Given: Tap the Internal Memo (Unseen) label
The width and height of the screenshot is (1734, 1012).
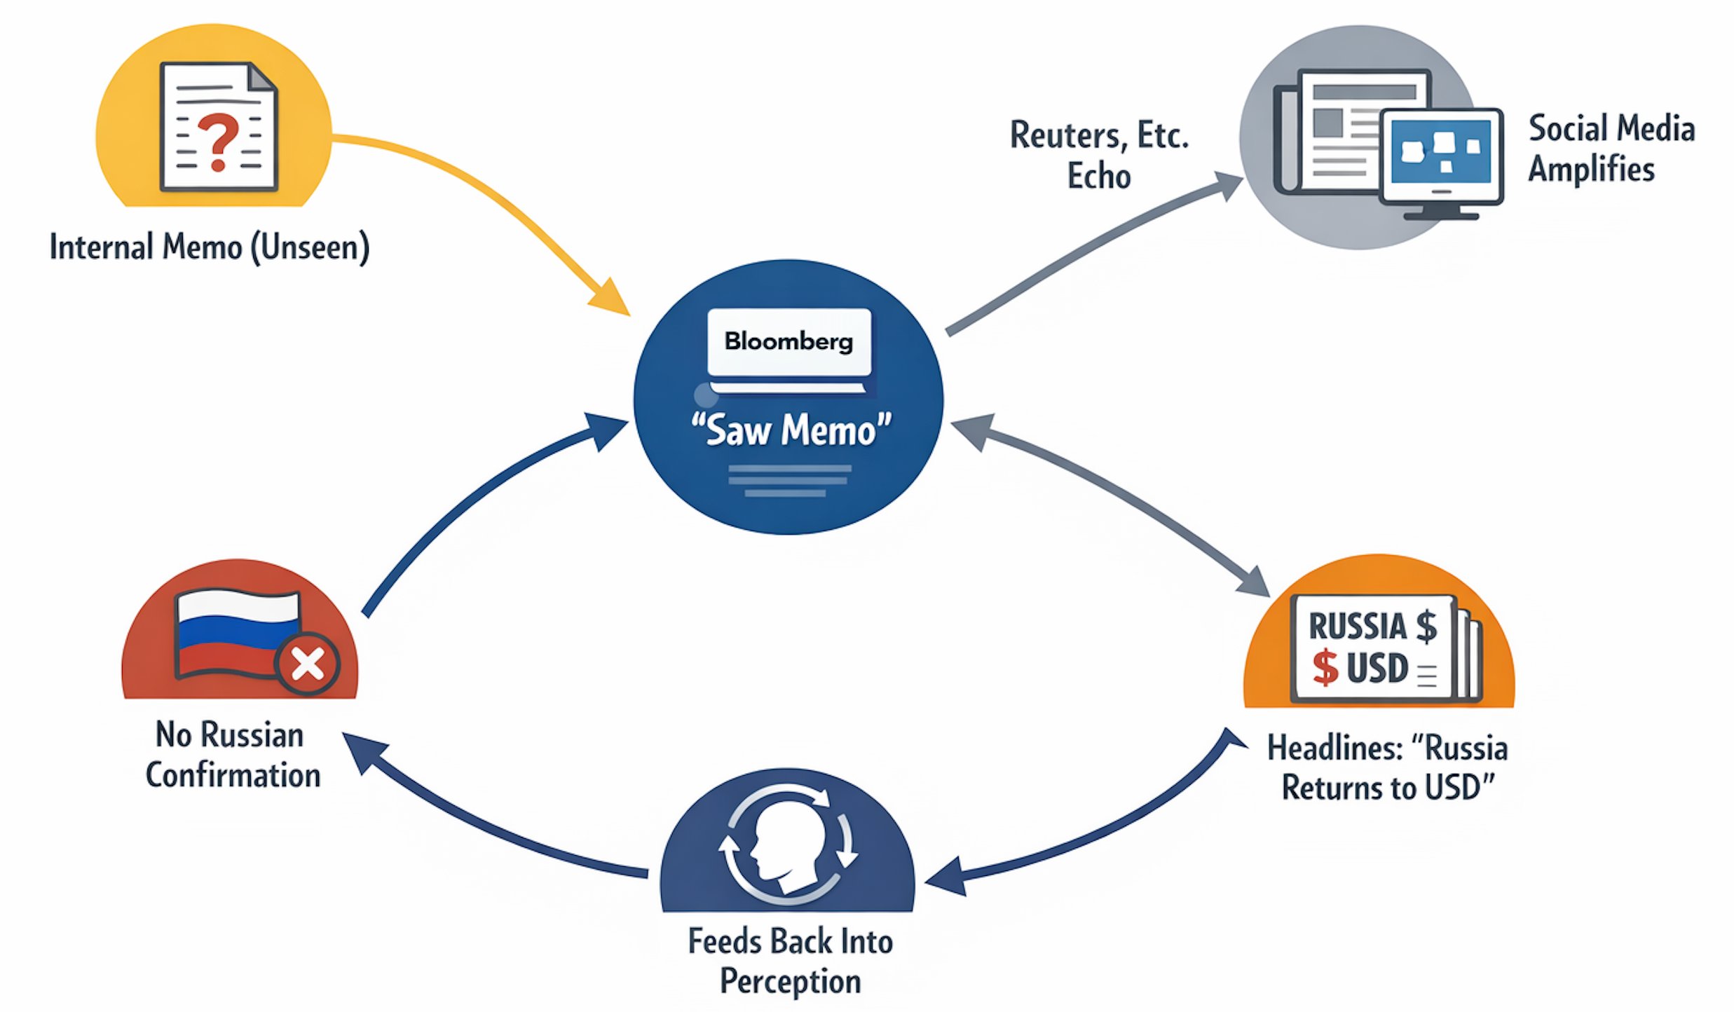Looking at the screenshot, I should click(x=209, y=247).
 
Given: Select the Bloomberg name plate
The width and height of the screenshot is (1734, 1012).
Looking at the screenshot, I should click(x=789, y=342).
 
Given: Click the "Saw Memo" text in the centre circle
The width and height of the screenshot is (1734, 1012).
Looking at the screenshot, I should click(x=791, y=429).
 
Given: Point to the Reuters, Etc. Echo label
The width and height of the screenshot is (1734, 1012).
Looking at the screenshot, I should click(x=1099, y=155).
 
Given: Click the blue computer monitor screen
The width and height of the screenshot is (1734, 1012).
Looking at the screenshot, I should click(x=1441, y=151).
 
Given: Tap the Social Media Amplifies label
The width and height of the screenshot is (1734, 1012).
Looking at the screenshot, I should click(x=1611, y=149).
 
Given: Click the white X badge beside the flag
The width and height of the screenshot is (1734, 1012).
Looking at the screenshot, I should click(x=308, y=663).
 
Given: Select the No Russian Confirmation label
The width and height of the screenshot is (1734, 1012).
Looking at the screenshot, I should click(x=231, y=755).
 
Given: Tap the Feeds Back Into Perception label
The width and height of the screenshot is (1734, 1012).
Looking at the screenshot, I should click(x=791, y=961).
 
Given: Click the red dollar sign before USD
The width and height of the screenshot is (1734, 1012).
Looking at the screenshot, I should click(x=1325, y=666).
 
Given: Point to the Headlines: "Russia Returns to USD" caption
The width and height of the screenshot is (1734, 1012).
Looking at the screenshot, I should click(x=1387, y=768).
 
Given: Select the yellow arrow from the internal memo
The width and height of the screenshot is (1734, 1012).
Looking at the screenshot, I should click(x=484, y=189).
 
